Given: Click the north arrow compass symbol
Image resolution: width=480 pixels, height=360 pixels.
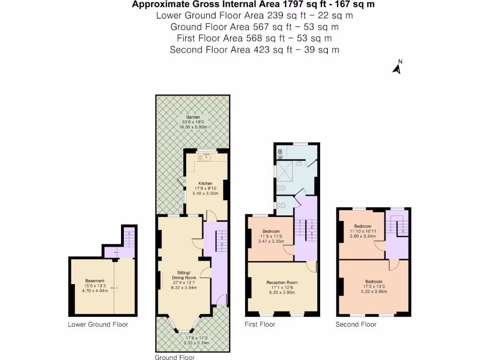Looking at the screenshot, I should [x=397, y=67].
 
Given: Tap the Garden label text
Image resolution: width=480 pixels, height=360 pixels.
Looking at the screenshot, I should [x=193, y=117].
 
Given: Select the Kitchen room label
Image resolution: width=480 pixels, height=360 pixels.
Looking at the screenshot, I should [x=205, y=183].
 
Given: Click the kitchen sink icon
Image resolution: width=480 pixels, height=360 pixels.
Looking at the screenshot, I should [x=206, y=157].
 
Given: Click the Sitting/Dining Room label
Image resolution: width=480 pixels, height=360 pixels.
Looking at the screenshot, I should [x=183, y=275].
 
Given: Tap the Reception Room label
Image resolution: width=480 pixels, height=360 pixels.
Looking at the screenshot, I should [x=282, y=282].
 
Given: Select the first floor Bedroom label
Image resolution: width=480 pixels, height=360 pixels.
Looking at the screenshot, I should [x=271, y=232].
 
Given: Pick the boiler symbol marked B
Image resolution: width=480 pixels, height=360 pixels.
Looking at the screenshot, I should [x=280, y=151].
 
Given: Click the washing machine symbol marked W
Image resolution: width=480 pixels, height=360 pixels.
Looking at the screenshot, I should [x=280, y=157].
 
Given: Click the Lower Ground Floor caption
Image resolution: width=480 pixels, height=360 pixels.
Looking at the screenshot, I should [x=97, y=324].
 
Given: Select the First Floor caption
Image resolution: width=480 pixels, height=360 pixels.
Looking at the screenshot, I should [x=260, y=324].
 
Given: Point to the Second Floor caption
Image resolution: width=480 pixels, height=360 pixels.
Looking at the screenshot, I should [x=356, y=324].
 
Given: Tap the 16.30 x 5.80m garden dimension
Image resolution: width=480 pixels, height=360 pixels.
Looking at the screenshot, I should [x=193, y=127].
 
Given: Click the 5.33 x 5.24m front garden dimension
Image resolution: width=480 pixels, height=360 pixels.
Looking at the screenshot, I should [x=193, y=344].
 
